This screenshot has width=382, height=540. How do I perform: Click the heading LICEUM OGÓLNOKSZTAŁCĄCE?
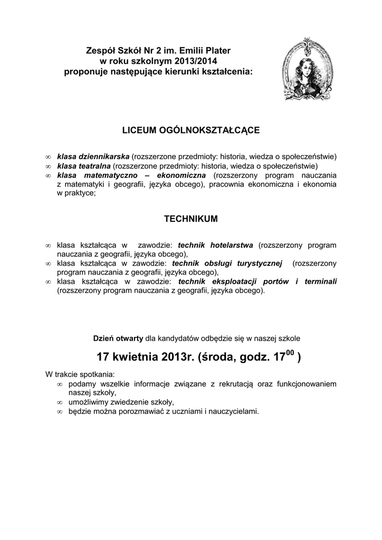[190, 130]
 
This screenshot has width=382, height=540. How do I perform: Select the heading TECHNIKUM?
[190, 218]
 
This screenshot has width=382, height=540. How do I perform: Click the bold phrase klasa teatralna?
[84, 166]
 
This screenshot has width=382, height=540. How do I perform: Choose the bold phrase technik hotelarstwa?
[216, 245]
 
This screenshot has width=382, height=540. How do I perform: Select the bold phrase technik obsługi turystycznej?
[227, 263]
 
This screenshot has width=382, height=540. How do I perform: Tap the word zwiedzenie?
[125, 402]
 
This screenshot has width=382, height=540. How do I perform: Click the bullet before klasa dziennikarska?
[47, 157]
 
